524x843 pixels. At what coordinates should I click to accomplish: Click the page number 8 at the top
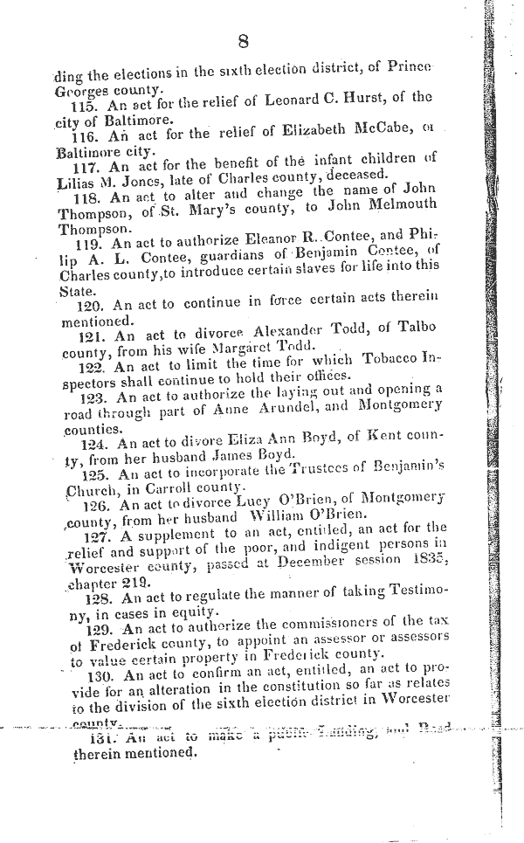pyautogui.click(x=243, y=40)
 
